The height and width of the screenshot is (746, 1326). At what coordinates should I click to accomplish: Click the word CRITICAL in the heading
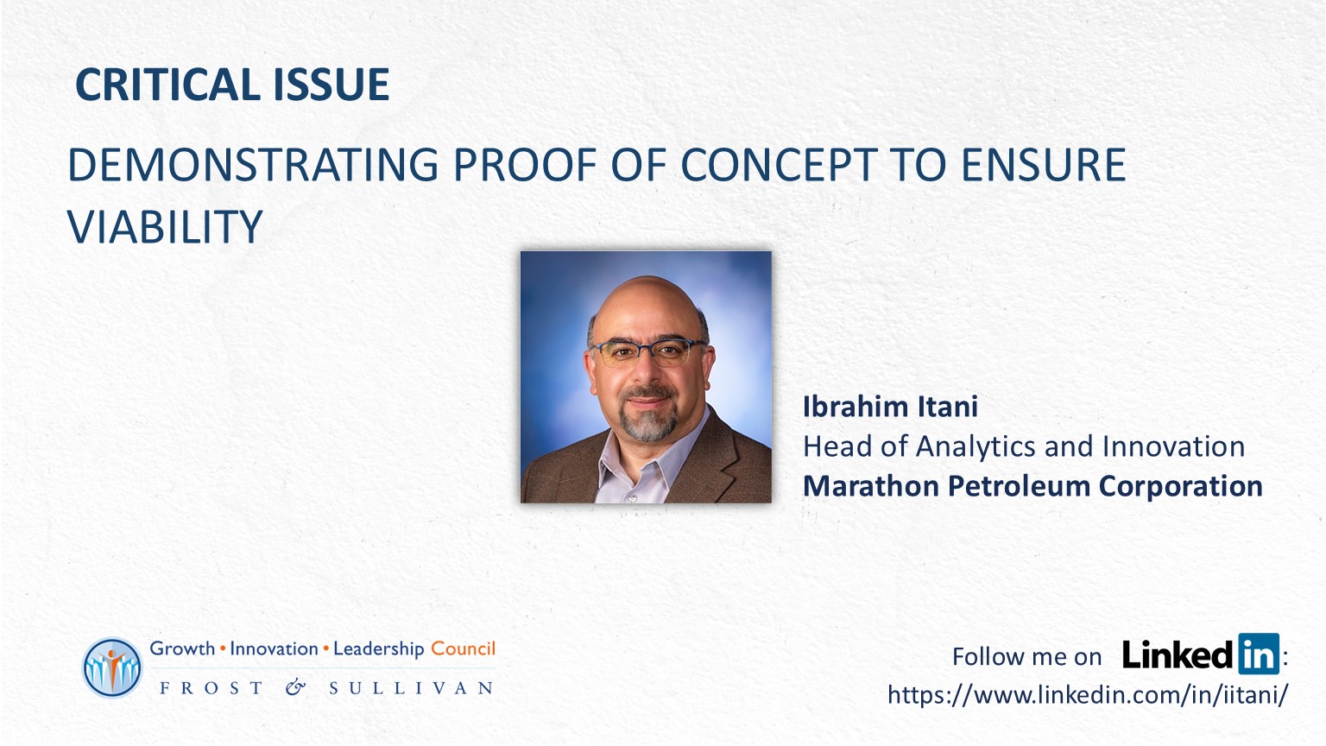pyautogui.click(x=168, y=84)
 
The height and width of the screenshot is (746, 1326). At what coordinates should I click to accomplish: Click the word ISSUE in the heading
pyautogui.click(x=331, y=84)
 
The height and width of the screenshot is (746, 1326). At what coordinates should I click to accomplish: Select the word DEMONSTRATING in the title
pyautogui.click(x=253, y=164)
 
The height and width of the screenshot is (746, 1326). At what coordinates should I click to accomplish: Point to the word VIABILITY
pyautogui.click(x=165, y=226)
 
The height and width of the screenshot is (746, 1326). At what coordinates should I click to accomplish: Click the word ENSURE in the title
pyautogui.click(x=1043, y=164)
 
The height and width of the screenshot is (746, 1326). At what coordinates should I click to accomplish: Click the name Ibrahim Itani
pyautogui.click(x=890, y=407)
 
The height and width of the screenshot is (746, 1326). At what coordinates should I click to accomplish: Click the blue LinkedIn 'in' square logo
pyautogui.click(x=1259, y=654)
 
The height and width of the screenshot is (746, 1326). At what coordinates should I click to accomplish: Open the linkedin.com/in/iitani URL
pyautogui.click(x=1088, y=694)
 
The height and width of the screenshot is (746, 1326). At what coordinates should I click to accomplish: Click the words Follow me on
pyautogui.click(x=1026, y=656)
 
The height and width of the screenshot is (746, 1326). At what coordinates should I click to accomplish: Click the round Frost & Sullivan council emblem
pyautogui.click(x=112, y=667)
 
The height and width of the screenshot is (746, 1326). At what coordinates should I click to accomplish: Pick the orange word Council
pyautogui.click(x=463, y=649)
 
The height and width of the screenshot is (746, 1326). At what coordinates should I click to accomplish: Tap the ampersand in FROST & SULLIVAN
pyautogui.click(x=295, y=687)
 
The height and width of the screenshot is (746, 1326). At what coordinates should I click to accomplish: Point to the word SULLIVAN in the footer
pyautogui.click(x=412, y=688)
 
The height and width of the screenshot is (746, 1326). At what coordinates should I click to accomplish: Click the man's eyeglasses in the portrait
pyautogui.click(x=649, y=351)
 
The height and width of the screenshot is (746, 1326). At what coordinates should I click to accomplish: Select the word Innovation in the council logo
pyautogui.click(x=274, y=649)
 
